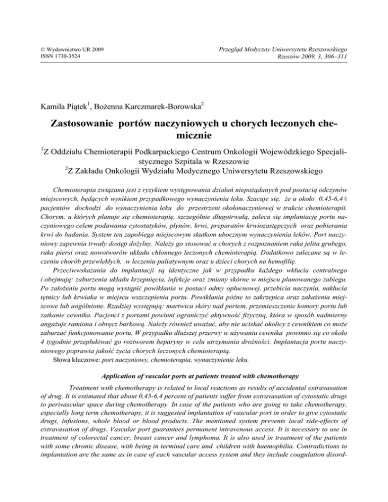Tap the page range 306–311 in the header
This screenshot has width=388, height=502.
(x=346, y=57)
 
